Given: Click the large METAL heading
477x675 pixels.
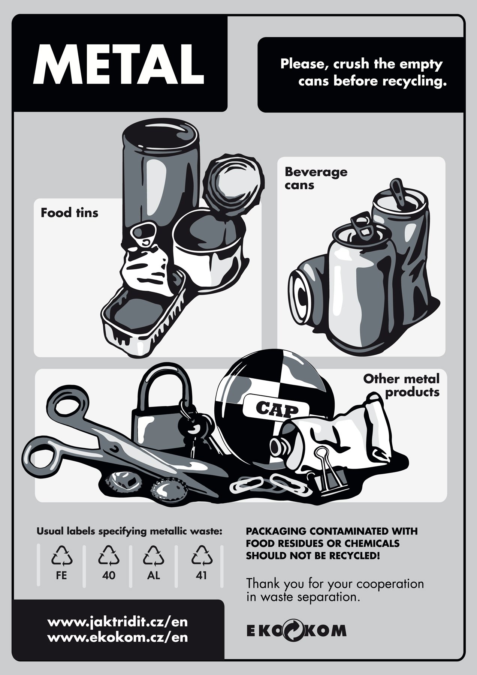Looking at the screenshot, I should click(118, 65).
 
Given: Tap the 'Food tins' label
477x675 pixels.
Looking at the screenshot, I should click(69, 213).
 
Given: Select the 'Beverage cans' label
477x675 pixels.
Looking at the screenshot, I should click(316, 178).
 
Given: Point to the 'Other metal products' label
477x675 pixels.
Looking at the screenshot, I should click(401, 385).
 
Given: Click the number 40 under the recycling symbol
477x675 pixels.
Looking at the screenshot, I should click(109, 575).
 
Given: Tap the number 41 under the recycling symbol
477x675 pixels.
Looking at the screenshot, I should click(202, 575).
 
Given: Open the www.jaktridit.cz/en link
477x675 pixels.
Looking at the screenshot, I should click(118, 622).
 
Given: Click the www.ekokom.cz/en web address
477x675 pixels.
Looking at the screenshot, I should click(118, 637).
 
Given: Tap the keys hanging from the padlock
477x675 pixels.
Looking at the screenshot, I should click(195, 431).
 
